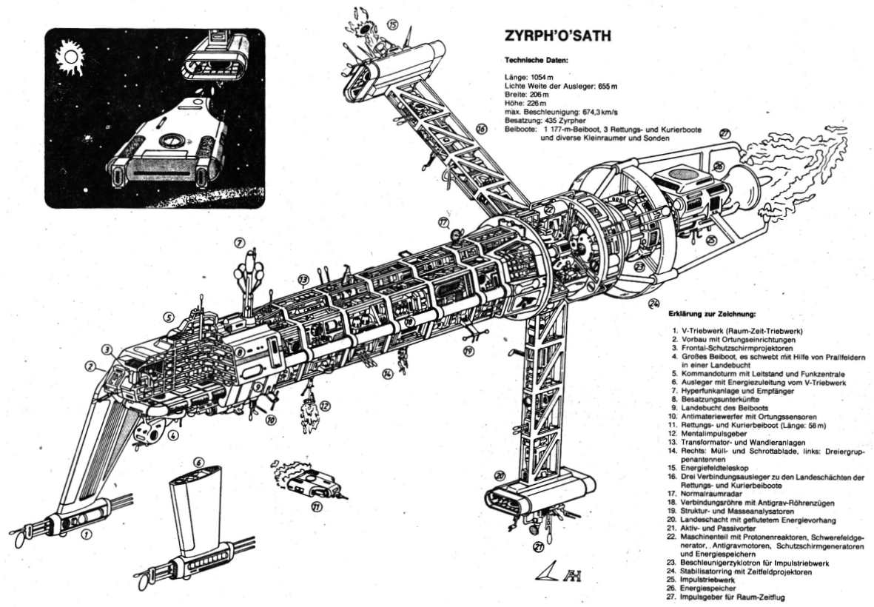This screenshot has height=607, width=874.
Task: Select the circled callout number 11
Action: click(317, 507)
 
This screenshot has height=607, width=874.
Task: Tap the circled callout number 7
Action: click(239, 242)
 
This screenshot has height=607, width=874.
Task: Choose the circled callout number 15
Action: click(392, 24)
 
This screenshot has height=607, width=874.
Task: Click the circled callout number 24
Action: click(653, 303)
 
